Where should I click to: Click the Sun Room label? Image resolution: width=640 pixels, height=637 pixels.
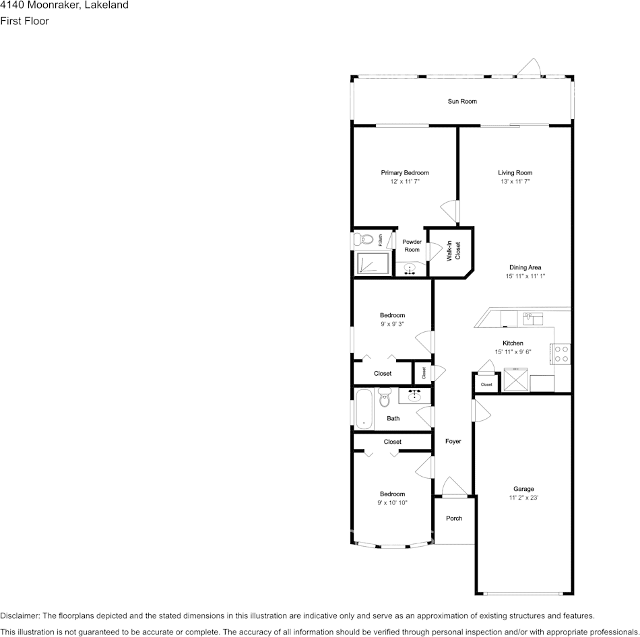[462, 102]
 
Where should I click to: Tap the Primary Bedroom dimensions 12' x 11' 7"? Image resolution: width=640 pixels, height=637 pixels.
[404, 182]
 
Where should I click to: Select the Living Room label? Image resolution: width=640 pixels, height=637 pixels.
[515, 173]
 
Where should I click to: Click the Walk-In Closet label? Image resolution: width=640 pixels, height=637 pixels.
[453, 251]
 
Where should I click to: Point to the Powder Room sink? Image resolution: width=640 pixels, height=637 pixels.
[410, 269]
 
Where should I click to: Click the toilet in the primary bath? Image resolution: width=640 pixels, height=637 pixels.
[364, 239]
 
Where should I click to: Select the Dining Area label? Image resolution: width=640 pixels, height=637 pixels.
[525, 267]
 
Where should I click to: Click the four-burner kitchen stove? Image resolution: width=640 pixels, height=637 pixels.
[561, 354]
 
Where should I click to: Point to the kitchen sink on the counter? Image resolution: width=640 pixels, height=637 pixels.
[533, 318]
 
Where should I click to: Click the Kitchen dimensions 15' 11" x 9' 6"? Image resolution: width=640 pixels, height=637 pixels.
[513, 352]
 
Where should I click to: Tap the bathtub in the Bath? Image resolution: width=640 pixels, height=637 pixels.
[364, 409]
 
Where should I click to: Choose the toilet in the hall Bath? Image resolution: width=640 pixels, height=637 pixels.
[385, 397]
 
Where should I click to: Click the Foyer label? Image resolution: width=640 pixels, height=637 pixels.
[453, 442]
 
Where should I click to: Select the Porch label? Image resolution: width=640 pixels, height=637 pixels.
[454, 518]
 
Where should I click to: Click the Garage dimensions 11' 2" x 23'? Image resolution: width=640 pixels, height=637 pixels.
[523, 498]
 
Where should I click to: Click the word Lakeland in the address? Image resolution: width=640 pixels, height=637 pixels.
[106, 5]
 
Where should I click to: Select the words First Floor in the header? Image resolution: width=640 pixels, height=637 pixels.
[24, 21]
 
